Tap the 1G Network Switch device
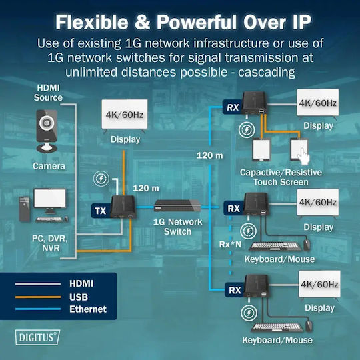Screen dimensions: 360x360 (177, 206)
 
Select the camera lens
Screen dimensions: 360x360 (47, 123)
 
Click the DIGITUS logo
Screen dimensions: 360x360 (37, 337)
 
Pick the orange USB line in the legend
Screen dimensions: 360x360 (38, 297)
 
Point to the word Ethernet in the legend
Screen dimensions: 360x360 (88, 309)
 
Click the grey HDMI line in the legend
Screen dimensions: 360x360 (38, 284)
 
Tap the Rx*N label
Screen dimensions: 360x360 (230, 244)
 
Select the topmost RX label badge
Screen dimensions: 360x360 (233, 107)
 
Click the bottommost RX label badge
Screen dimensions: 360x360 (235, 290)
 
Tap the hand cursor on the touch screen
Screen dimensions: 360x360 (303, 155)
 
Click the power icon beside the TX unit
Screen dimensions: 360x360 (101, 179)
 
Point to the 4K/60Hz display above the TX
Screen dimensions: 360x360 (125, 114)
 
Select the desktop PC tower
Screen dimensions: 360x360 (25, 209)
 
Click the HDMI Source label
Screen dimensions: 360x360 (48, 93)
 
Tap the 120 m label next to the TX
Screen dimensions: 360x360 (146, 188)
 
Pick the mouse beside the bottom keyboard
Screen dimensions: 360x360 (309, 326)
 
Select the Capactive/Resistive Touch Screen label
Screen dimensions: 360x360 (281, 177)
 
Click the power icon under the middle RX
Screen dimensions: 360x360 (248, 231)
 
